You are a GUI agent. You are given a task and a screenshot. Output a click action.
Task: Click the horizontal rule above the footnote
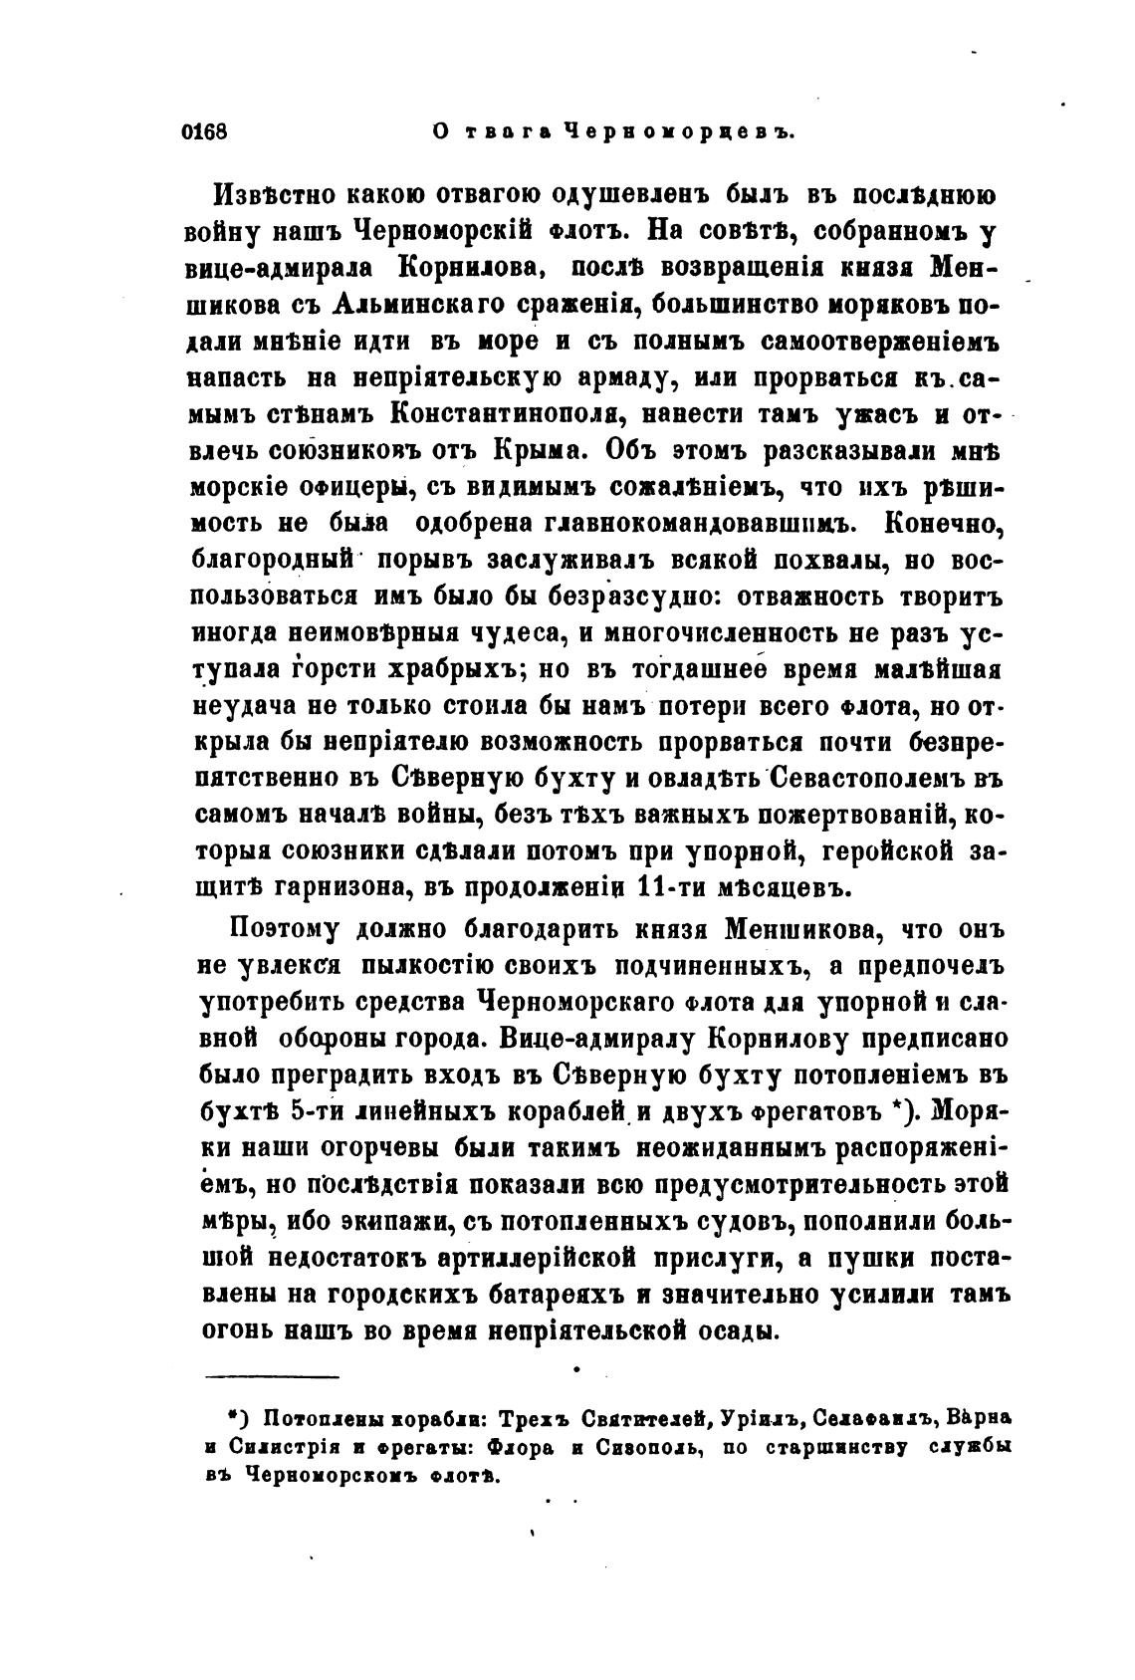(272, 1377)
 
